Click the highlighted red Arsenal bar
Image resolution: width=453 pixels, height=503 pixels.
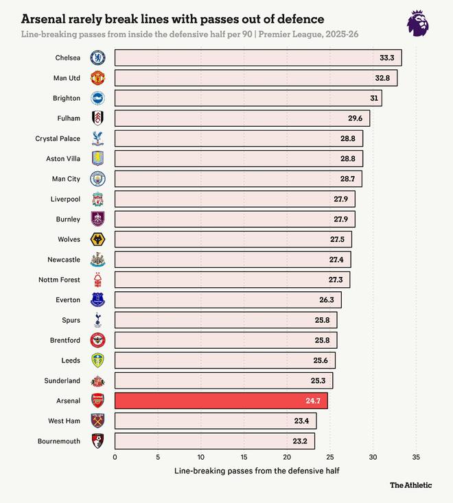tap(220, 400)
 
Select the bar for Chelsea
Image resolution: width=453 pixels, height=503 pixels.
tap(257, 58)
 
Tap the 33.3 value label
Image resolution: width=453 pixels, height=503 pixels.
tap(388, 58)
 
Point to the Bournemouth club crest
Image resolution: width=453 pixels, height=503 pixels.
tap(98, 441)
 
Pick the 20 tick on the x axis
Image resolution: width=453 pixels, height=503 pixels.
tap(287, 456)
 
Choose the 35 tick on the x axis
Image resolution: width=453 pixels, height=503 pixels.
tap(416, 456)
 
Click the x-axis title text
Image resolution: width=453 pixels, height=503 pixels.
tap(257, 471)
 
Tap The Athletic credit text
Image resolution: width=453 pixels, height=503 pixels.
tap(411, 485)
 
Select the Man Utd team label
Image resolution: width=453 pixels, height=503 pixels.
tap(67, 78)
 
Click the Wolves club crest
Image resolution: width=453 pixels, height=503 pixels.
tap(98, 239)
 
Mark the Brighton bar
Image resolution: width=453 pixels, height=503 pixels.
tap(248, 98)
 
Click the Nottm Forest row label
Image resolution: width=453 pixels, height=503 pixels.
tap(60, 280)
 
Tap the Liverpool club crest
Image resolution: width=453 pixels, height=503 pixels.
tap(98, 199)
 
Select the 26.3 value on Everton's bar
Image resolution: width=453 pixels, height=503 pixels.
tap(327, 299)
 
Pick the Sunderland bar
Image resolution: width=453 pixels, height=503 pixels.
tap(223, 380)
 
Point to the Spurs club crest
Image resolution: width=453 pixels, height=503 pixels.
tap(98, 320)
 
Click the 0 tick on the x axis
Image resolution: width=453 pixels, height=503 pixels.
tap(115, 456)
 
